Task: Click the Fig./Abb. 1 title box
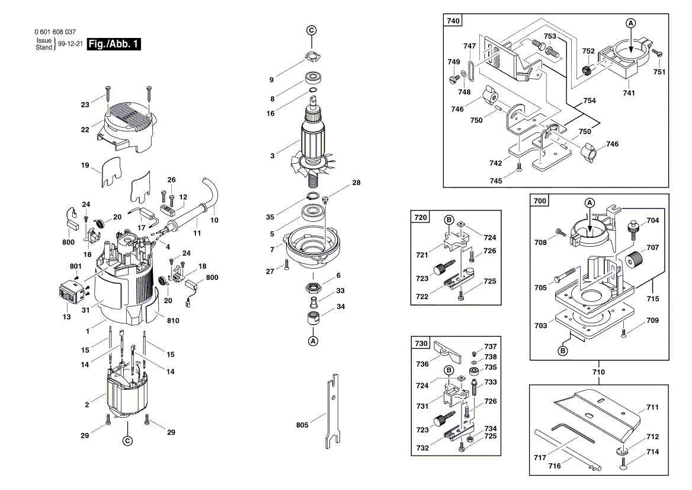pos(113,44)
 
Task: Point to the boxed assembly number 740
pos(453,21)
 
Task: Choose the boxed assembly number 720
pos(420,218)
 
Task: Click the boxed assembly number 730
pos(420,344)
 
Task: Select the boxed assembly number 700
pos(539,202)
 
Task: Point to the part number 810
pos(173,320)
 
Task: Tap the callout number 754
pos(589,101)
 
